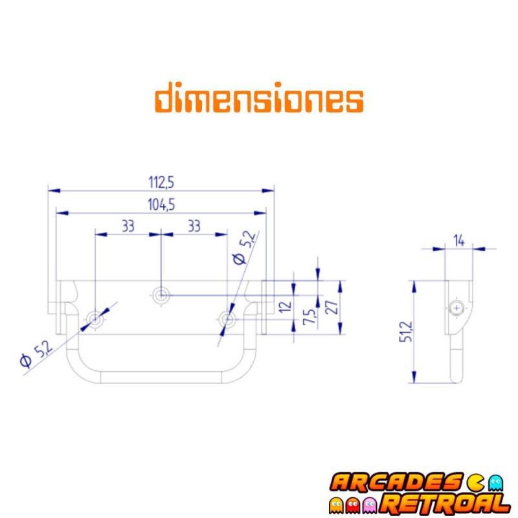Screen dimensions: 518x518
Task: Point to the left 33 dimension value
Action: pos(128,226)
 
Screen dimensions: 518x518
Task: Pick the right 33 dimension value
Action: pos(193,226)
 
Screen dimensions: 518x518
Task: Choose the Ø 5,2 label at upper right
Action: pos(243,248)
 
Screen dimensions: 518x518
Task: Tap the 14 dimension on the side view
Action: pos(459,241)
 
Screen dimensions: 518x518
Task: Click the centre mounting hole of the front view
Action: pos(161,295)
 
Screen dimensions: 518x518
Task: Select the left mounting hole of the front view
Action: pos(96,318)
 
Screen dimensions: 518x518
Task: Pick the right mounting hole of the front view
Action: pos(227,318)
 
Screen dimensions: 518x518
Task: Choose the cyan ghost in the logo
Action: pos(496,482)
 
